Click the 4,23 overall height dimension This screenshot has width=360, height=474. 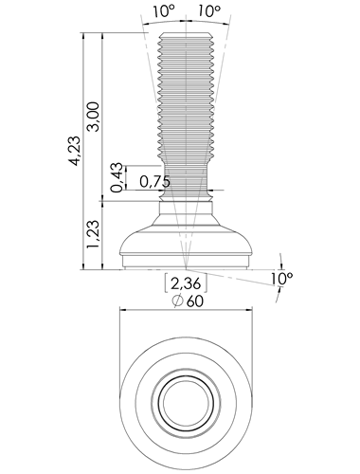coord(75,151)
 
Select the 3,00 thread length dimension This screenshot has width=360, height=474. coord(94,117)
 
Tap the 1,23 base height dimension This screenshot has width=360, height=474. coord(94,234)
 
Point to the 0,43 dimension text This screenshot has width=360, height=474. coord(117,177)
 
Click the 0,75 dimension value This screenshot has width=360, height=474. coord(154,182)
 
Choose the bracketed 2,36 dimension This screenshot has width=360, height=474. coord(186,283)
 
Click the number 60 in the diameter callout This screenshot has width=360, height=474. coord(195,301)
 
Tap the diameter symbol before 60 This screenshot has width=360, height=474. coord(178,301)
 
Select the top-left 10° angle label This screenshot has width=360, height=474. coord(164,12)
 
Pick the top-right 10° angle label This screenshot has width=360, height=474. coord(209,12)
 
